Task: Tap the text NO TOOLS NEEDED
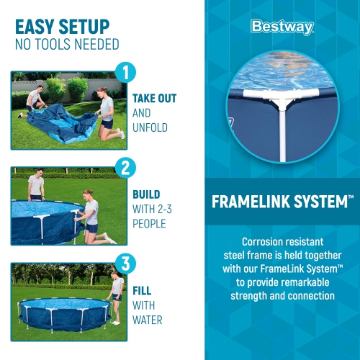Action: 67,45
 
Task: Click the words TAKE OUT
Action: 154,98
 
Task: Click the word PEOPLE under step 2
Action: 150,224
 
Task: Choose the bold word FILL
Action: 143,291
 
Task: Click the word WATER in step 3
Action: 147,320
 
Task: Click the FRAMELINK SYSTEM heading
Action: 279,202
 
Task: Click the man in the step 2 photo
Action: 36,189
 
